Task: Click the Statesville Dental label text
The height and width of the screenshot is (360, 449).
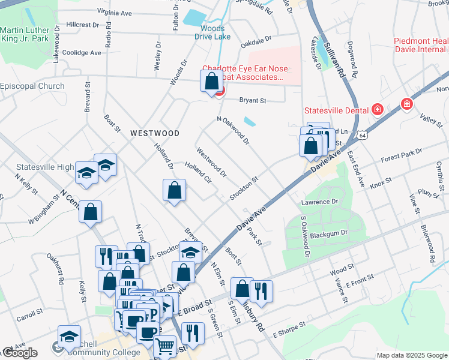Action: (x=335, y=110)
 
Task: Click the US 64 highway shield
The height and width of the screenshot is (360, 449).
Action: (x=363, y=136)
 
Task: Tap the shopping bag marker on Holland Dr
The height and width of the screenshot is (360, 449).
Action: (x=174, y=191)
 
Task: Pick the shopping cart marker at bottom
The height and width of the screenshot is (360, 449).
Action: (x=164, y=347)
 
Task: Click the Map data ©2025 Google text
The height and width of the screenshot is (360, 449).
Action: (x=411, y=355)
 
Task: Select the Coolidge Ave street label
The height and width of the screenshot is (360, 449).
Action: (x=82, y=53)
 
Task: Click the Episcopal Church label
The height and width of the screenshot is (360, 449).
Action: (x=32, y=86)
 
